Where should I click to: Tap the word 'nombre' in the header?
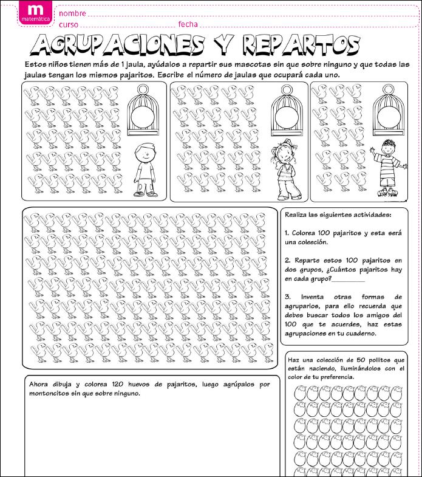tap(72, 13)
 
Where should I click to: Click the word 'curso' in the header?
tap(69, 24)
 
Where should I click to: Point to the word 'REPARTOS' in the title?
tap(301, 44)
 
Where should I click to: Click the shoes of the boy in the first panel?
tap(145, 194)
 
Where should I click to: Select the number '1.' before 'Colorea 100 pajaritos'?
tap(287, 233)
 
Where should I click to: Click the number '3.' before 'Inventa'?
tap(287, 297)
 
